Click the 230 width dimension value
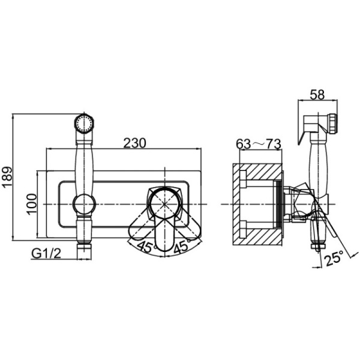pyautogui.click(x=136, y=143)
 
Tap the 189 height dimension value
pyautogui.click(x=7, y=178)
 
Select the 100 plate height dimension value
pyautogui.click(x=31, y=205)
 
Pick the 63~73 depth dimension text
pyautogui.click(x=259, y=145)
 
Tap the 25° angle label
pyautogui.click(x=333, y=259)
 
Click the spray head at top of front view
pyautogui.click(x=83, y=124)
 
